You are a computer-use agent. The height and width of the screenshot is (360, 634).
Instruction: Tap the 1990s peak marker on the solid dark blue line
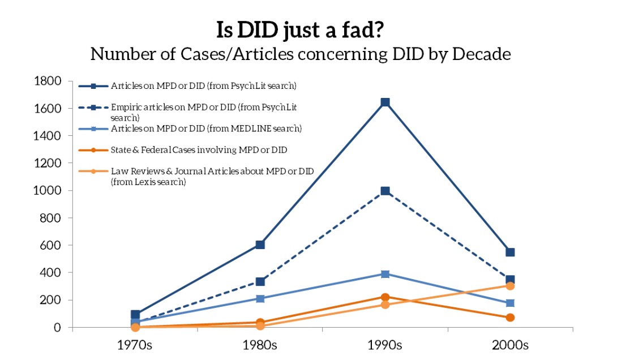(x=385, y=102)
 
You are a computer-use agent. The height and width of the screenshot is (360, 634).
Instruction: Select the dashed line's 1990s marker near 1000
(x=385, y=191)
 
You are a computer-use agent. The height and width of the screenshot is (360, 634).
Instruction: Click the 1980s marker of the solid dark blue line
(x=260, y=245)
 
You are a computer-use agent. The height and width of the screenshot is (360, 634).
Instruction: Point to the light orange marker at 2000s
(x=510, y=286)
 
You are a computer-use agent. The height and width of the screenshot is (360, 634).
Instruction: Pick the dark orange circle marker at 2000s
(x=510, y=318)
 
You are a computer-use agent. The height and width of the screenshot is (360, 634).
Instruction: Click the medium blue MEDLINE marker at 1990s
(x=385, y=274)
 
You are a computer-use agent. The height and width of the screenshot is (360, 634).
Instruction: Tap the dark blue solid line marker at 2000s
(x=510, y=252)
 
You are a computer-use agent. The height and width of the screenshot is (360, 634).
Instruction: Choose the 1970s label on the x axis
(x=135, y=345)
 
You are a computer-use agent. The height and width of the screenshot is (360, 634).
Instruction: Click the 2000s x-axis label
(x=510, y=345)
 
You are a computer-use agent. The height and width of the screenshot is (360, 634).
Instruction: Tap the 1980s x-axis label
(x=260, y=345)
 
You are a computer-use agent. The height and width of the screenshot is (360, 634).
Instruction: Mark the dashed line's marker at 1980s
(x=260, y=281)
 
